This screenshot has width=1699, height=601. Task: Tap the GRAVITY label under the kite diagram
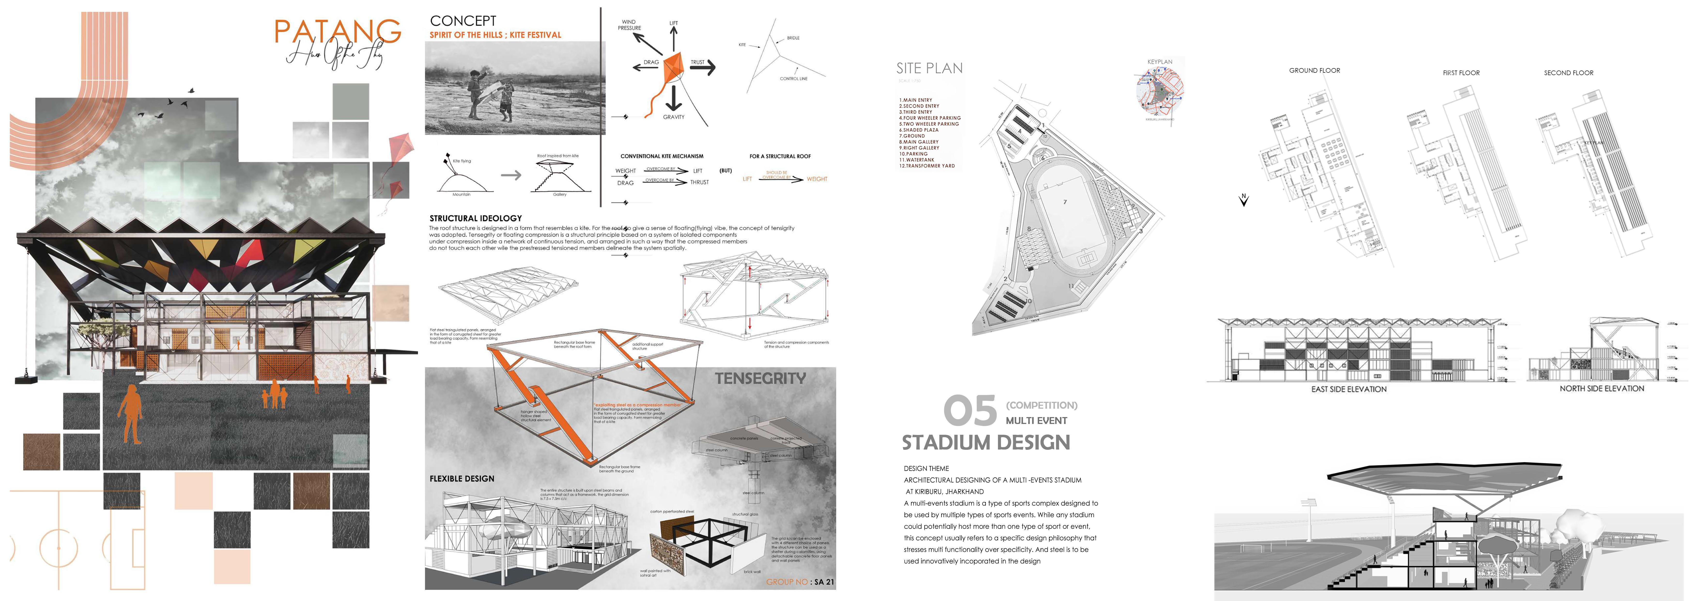[673, 117]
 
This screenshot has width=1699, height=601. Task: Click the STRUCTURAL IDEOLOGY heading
[476, 218]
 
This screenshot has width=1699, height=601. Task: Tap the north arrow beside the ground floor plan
[1244, 200]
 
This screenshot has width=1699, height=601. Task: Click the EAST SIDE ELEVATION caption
[1349, 389]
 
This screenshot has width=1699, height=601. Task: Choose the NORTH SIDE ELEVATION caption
[1601, 388]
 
